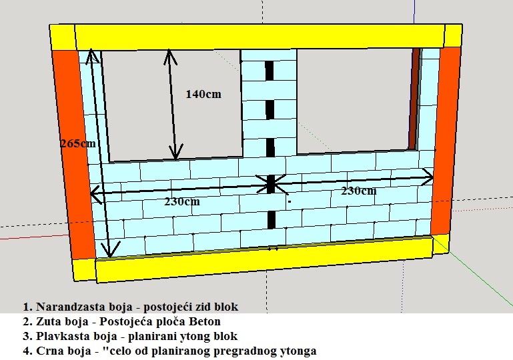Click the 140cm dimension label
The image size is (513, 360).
click(x=203, y=94)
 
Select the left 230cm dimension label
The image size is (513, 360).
click(x=181, y=201)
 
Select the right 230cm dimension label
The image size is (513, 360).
click(x=358, y=191)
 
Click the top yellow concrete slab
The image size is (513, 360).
click(x=260, y=36)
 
